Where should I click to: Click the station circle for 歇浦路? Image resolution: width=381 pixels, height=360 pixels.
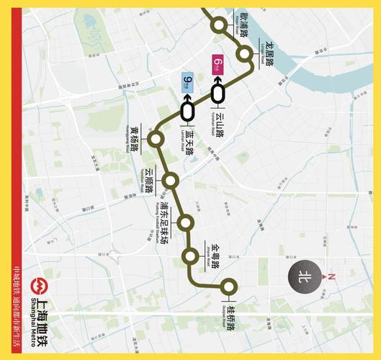point(219,26)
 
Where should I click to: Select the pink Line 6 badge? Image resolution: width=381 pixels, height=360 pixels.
point(217,63)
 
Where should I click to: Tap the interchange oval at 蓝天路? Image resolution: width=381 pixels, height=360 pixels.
point(189,111)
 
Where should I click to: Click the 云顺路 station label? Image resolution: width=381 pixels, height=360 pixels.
point(150,182)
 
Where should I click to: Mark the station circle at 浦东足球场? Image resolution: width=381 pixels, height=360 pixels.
point(186,222)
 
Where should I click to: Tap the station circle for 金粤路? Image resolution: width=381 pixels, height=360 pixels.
point(191,256)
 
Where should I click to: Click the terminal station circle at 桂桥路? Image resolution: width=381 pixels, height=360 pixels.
point(230,286)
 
